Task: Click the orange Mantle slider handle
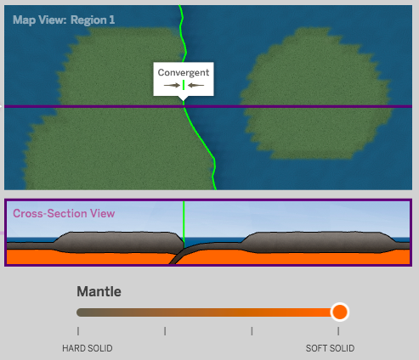coord(340,312)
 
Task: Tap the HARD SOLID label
coord(88,348)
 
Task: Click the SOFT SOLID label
coord(330,348)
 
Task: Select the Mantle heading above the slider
coord(99,291)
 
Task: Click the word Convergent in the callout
coord(184,72)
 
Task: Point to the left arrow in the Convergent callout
coord(172,85)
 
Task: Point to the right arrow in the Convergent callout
coord(195,85)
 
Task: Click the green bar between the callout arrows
coord(184,85)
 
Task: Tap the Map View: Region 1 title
coord(64,20)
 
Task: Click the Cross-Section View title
coord(64,213)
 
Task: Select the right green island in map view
coord(316,93)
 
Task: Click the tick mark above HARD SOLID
coord(78,331)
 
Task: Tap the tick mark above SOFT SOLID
coord(338,331)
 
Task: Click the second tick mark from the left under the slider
coord(165,331)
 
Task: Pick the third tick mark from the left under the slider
coord(252,331)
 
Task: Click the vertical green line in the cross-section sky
coord(184,223)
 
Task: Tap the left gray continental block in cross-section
coord(119,242)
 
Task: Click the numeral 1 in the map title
coord(112,20)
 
